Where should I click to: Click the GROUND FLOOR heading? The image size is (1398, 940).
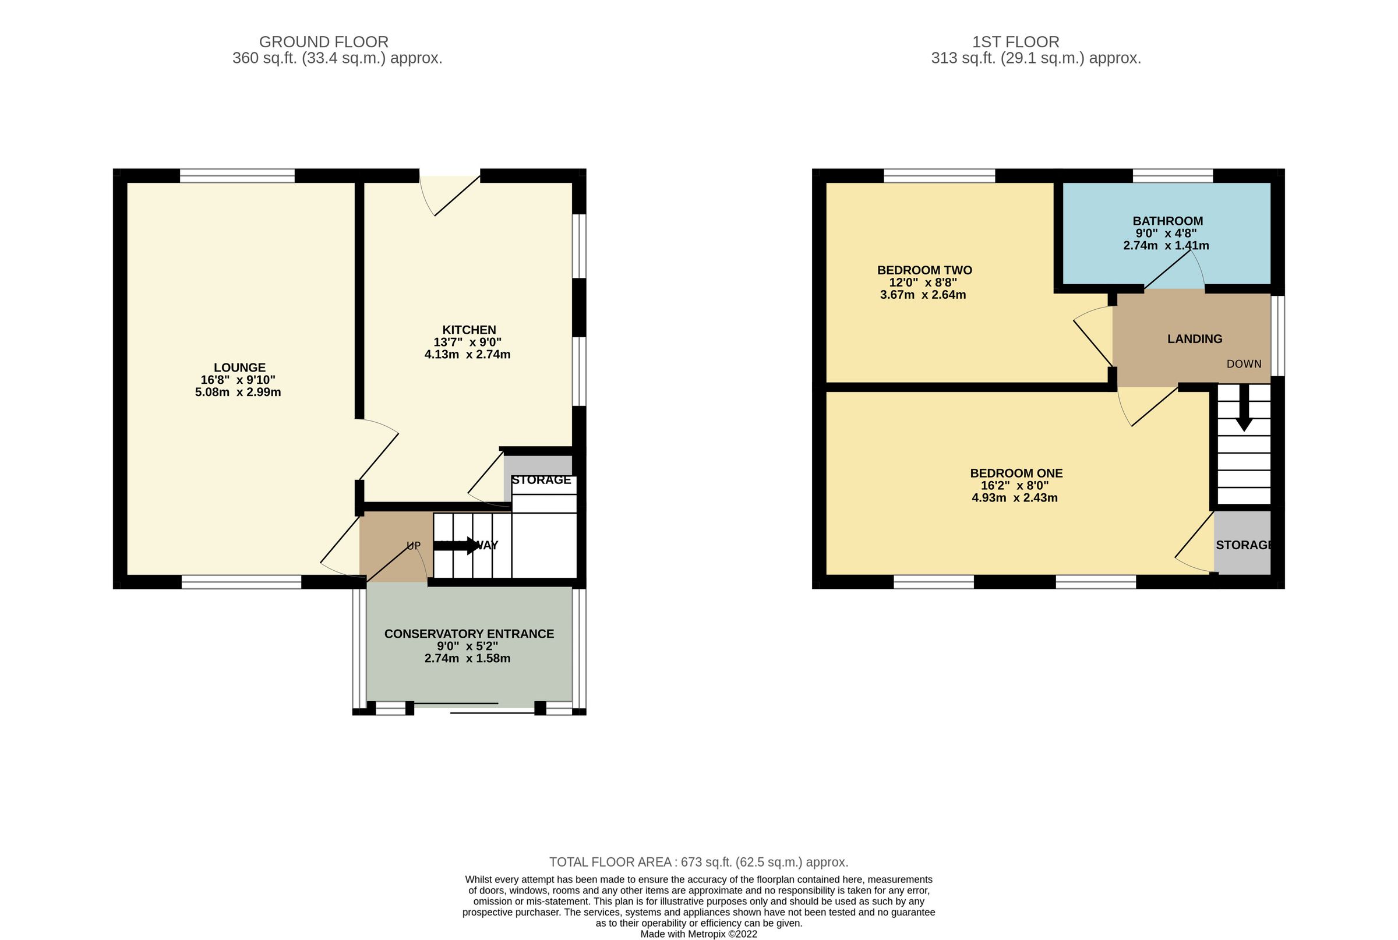(x=323, y=42)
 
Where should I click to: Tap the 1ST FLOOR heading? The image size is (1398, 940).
(x=1015, y=42)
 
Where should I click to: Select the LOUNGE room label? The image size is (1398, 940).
(x=239, y=367)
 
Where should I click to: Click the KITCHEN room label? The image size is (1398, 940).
(x=469, y=330)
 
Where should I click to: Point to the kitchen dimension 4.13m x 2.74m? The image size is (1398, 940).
(x=467, y=354)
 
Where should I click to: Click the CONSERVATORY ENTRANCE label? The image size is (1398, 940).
(x=469, y=634)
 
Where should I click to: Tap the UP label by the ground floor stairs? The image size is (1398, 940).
(x=414, y=546)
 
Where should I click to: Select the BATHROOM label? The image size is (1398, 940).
(x=1167, y=221)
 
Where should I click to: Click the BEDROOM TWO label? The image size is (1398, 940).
(x=924, y=270)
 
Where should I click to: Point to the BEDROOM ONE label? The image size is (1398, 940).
(x=1016, y=473)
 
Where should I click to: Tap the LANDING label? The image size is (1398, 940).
(x=1194, y=339)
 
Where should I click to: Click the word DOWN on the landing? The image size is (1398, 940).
(x=1243, y=364)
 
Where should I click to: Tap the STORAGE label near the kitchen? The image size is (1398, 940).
(x=541, y=479)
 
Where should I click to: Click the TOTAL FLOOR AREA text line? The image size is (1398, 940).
(x=698, y=862)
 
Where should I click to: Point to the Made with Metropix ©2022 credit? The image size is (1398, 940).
(x=698, y=934)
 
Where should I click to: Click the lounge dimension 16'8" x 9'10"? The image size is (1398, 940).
(x=238, y=380)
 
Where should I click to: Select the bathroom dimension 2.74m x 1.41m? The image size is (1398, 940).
(x=1166, y=245)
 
